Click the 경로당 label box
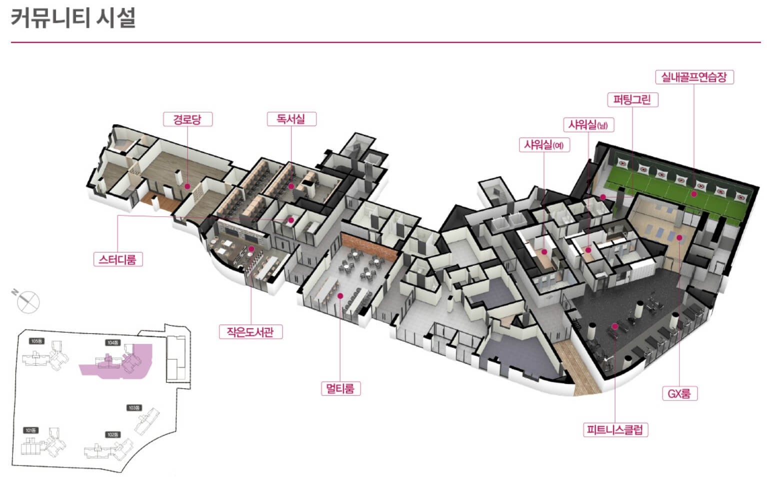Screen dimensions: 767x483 pyautogui.click(x=187, y=119)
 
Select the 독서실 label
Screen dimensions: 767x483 pyautogui.click(x=290, y=119)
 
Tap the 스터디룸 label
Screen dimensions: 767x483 pyautogui.click(x=117, y=259)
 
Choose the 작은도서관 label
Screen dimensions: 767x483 pyautogui.click(x=250, y=331)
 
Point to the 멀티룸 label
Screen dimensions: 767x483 pyautogui.click(x=340, y=388)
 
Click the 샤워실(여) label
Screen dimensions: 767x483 pyautogui.click(x=543, y=145)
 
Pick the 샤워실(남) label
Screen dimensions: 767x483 pyautogui.click(x=588, y=124)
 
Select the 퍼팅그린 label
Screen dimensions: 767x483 pyautogui.click(x=632, y=100)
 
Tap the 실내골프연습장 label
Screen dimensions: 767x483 pyautogui.click(x=694, y=77)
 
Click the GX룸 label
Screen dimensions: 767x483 pyautogui.click(x=679, y=393)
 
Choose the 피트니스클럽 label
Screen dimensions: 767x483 pyautogui.click(x=615, y=429)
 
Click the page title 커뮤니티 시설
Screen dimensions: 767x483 pyautogui.click(x=73, y=19)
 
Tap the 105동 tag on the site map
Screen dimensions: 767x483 pyautogui.click(x=36, y=341)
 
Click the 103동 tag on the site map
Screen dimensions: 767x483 pyautogui.click(x=134, y=408)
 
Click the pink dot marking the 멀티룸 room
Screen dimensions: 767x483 pyautogui.click(x=340, y=296)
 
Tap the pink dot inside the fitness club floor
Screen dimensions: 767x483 pyautogui.click(x=615, y=326)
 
